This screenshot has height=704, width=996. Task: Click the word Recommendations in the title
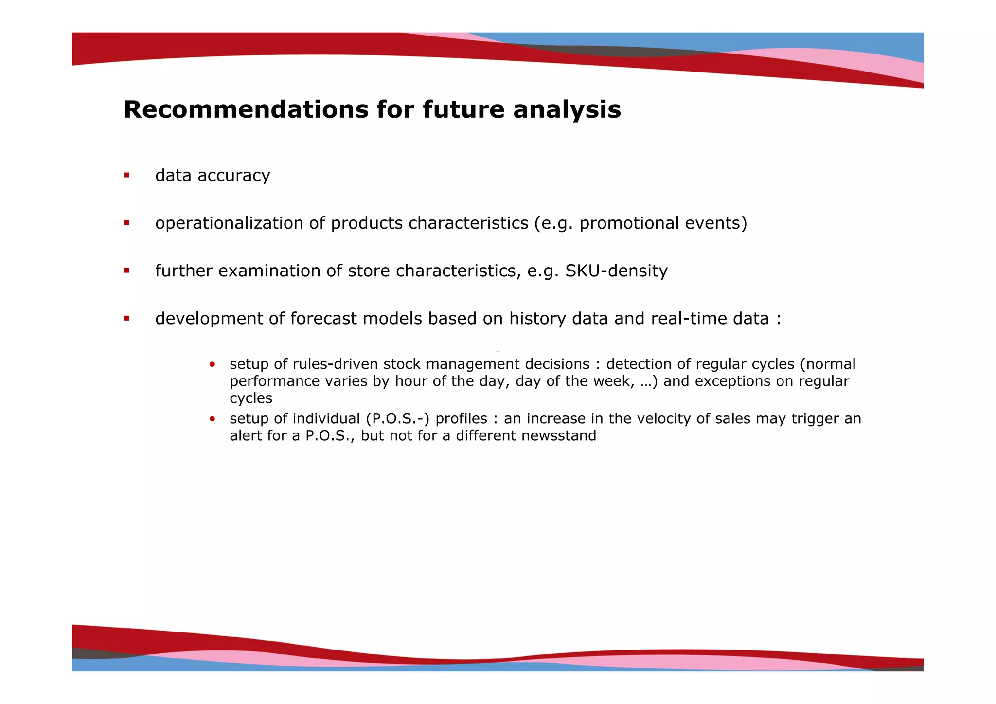246,109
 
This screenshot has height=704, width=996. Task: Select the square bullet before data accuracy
127,175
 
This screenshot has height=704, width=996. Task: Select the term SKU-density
616,271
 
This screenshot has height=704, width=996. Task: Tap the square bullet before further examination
127,271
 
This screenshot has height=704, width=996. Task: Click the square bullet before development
127,319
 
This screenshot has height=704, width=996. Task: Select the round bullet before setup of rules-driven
212,364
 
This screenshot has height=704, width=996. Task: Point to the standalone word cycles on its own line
251,398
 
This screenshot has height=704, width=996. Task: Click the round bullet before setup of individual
212,419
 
